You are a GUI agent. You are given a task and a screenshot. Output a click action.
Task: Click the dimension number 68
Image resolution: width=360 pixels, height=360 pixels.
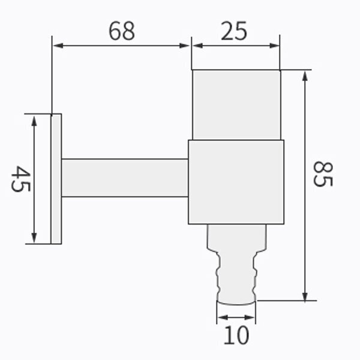(x=122, y=31)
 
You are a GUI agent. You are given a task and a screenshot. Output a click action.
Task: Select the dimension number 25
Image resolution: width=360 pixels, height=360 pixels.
(x=234, y=31)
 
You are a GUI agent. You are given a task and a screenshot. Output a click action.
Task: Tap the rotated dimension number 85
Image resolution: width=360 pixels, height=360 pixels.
(x=323, y=174)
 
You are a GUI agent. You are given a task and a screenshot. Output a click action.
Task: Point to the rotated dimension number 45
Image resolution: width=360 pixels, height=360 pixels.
(x=20, y=178)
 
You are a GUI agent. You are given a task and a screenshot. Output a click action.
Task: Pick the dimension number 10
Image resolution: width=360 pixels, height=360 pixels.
(x=236, y=335)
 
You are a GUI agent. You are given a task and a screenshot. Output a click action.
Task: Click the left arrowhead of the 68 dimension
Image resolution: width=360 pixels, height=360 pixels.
(x=58, y=46)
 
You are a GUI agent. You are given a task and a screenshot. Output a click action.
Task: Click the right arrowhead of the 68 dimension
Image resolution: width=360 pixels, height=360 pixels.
(x=184, y=46)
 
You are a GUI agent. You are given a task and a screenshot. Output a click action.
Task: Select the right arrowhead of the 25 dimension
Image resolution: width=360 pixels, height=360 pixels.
(x=274, y=46)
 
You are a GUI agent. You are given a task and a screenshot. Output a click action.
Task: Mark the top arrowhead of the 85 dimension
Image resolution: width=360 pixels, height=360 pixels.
(x=305, y=76)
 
